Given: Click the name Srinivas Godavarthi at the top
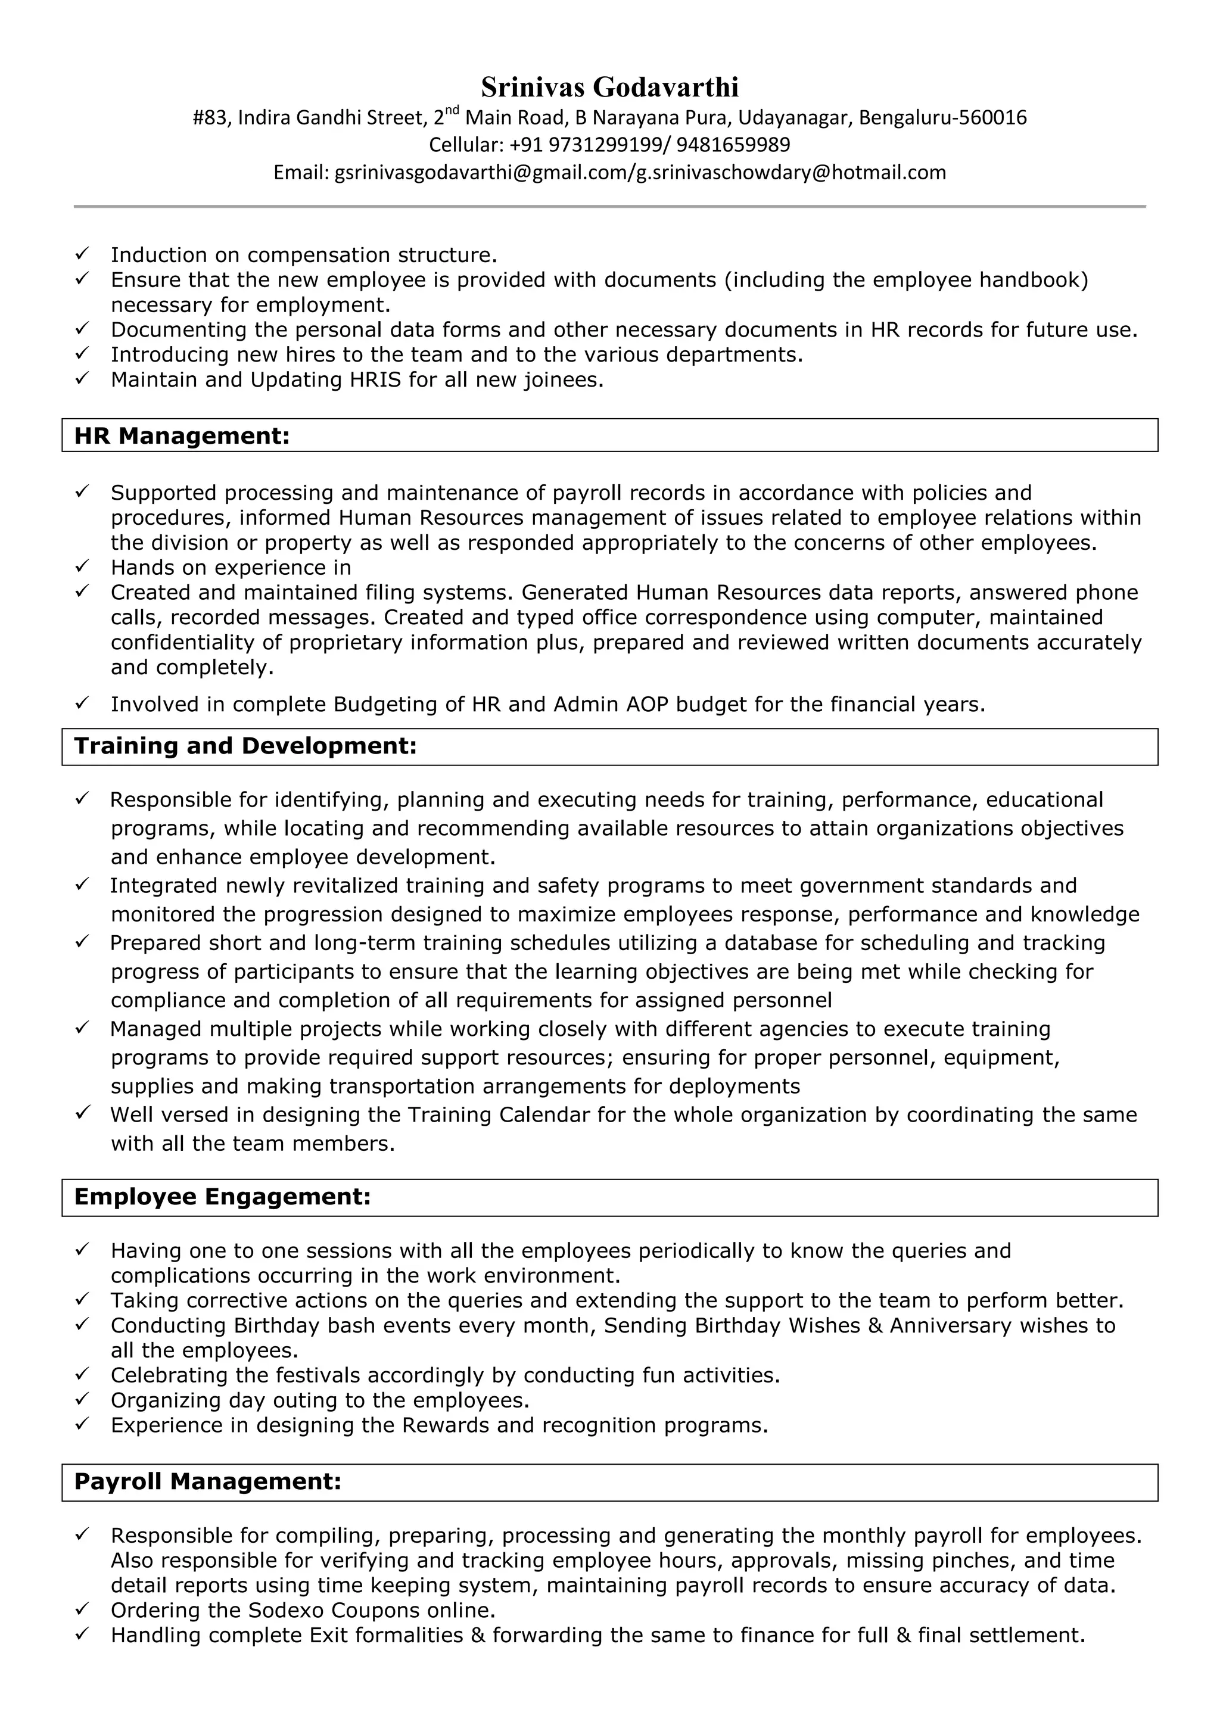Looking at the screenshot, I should [609, 87].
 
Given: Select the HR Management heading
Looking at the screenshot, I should [182, 436].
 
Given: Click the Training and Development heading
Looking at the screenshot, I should [245, 746].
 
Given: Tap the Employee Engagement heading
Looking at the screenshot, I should [222, 1197].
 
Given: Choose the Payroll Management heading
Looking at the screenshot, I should [207, 1481].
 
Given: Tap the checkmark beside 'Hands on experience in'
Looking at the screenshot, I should [83, 566].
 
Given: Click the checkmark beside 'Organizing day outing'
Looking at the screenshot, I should [83, 1399].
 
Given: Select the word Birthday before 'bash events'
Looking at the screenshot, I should [276, 1325].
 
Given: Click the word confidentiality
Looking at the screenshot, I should [196, 642].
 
